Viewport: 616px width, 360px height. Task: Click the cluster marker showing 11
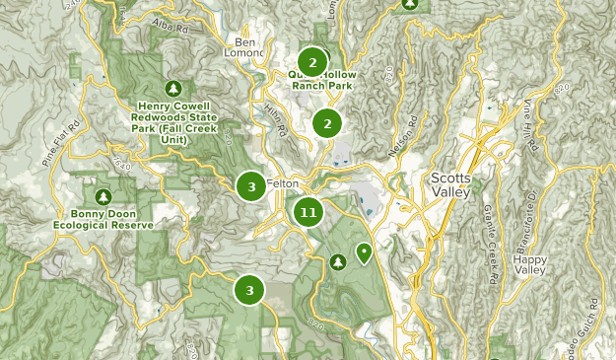308,212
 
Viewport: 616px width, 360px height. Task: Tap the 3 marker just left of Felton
251,185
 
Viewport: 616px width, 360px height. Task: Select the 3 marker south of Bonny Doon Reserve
249,290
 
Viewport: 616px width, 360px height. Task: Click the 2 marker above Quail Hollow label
312,63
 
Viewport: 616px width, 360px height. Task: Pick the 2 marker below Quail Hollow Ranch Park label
326,124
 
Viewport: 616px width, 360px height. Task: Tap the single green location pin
364,254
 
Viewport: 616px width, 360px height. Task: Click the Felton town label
282,185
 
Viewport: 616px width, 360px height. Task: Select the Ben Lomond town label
246,48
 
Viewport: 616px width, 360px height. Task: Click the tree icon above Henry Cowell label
174,88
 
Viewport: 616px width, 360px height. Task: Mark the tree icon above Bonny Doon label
104,195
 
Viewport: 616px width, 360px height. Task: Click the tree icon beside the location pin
338,261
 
